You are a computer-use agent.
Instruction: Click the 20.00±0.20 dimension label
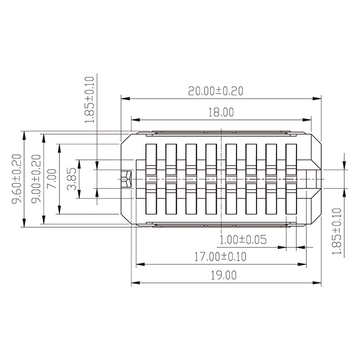216,91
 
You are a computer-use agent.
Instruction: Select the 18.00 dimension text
220,112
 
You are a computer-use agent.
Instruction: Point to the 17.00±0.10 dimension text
220,257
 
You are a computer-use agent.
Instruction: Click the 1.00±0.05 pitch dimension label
243,239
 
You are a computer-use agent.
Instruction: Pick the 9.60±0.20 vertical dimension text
16,179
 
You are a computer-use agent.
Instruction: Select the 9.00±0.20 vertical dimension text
36,179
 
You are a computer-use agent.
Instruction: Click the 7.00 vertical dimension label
52,179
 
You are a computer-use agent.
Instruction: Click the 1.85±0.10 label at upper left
90,100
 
